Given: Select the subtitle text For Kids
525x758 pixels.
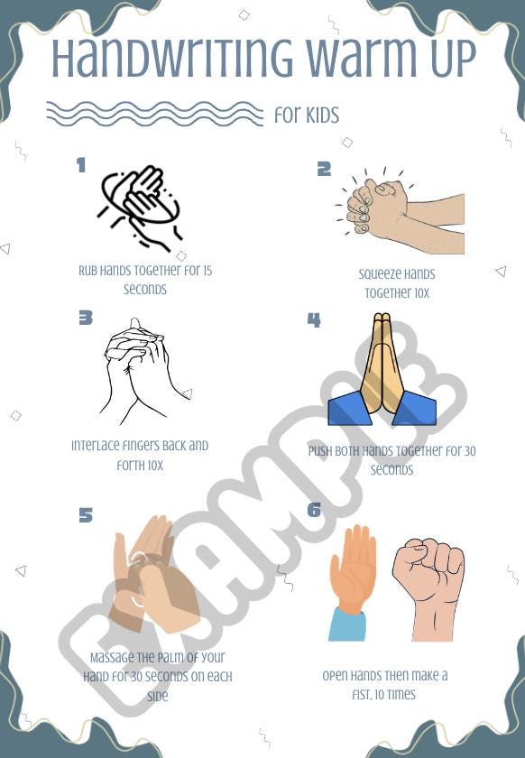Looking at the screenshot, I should point(307,115).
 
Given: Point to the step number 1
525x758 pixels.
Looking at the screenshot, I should point(81,165).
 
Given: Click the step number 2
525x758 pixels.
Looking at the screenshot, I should point(324,169).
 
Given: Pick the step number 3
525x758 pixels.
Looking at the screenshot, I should point(86,318).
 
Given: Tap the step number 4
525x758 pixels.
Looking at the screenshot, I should point(314,319).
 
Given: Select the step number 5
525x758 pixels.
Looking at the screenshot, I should point(86,514).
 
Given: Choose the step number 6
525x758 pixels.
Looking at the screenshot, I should point(314,510).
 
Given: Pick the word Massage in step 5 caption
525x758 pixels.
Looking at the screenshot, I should point(113,658).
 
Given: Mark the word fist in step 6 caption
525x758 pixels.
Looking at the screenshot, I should point(362,695).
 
